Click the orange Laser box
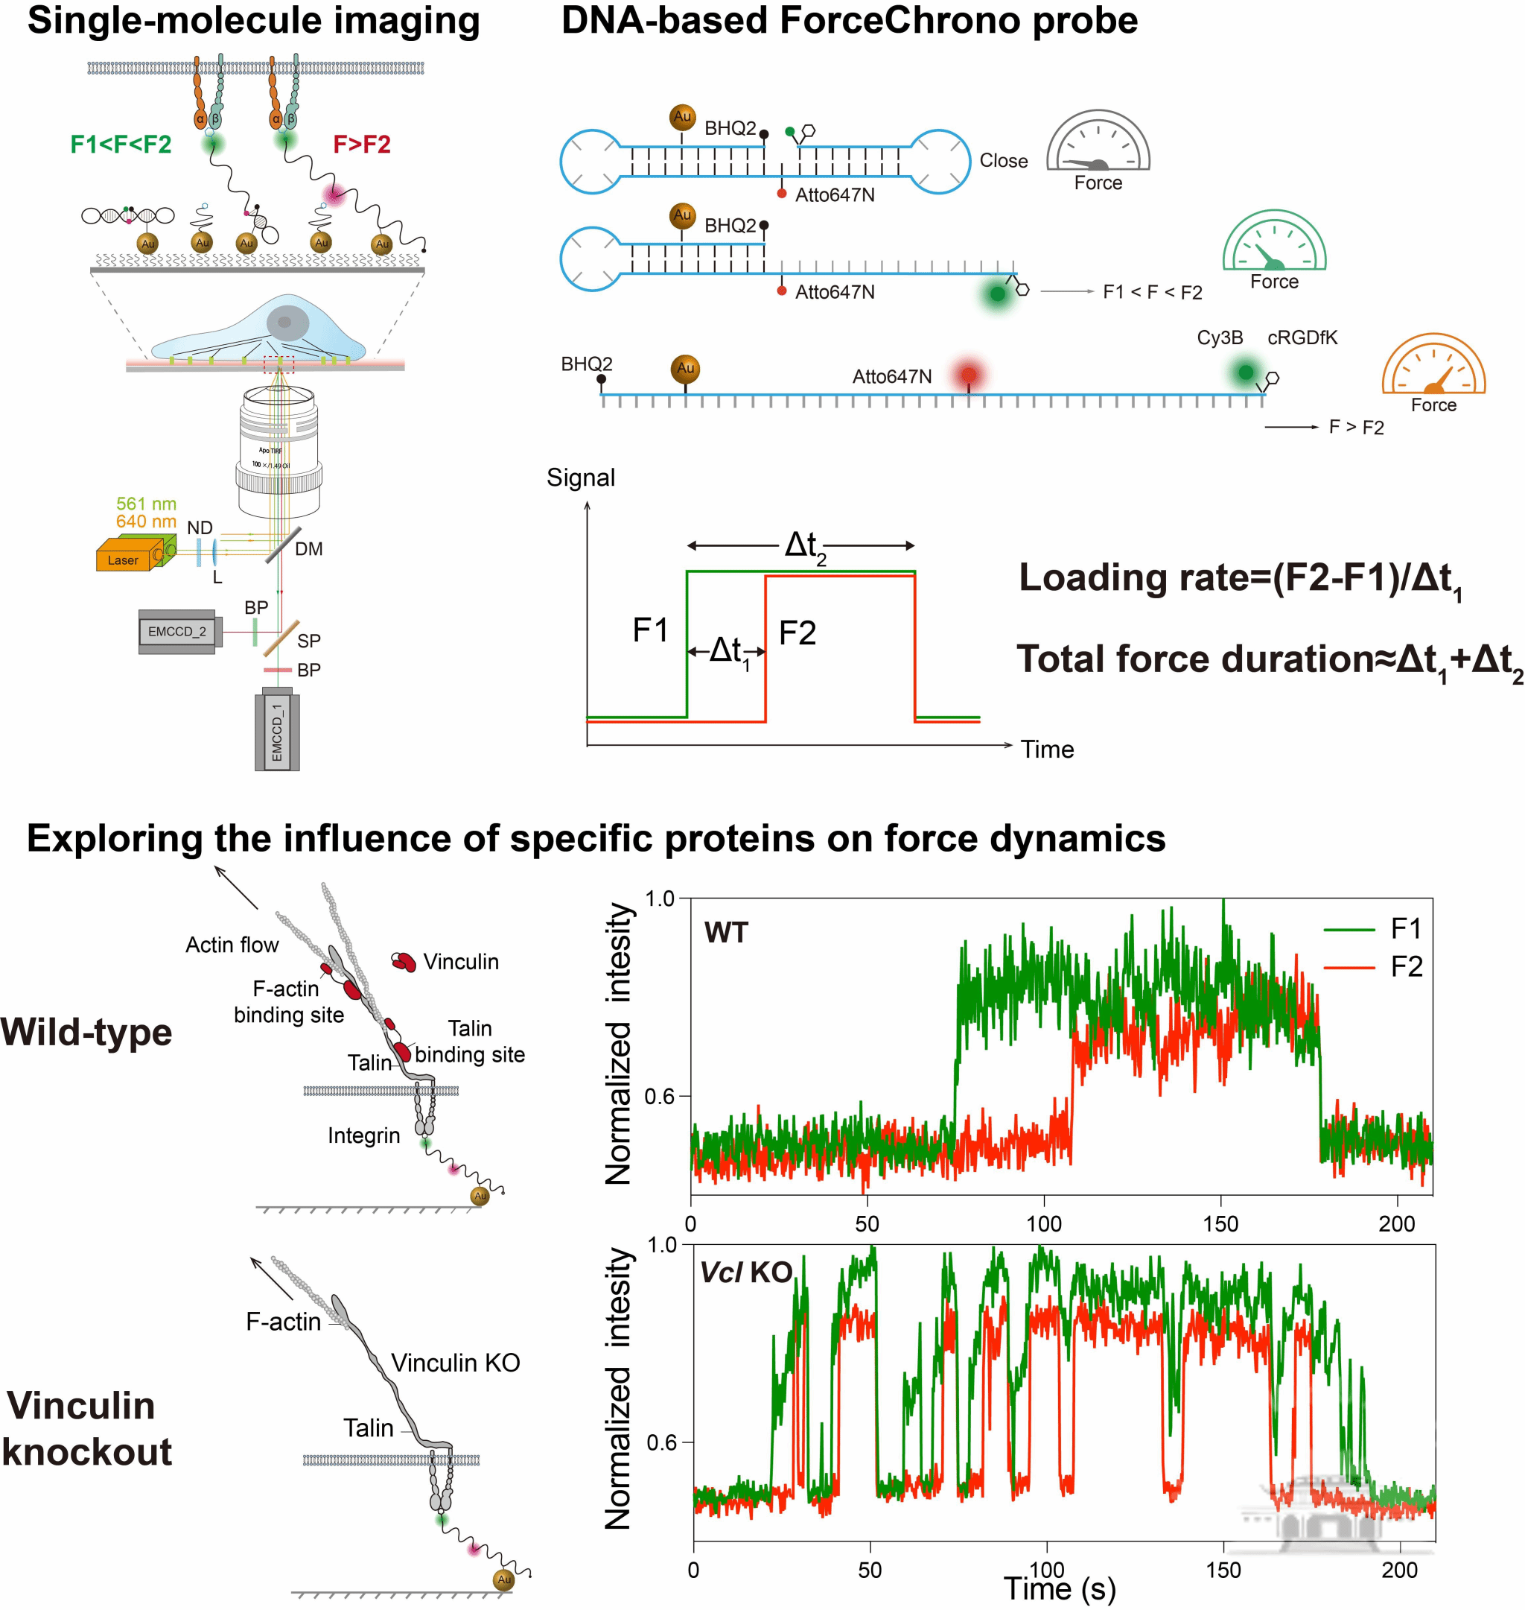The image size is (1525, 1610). click(124, 560)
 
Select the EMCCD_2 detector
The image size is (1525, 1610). click(176, 632)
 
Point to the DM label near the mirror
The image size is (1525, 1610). click(309, 549)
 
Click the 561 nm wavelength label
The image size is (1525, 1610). click(147, 504)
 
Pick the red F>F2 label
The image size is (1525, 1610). click(362, 145)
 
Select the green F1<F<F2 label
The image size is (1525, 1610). click(121, 145)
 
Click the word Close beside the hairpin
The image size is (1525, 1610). click(1003, 161)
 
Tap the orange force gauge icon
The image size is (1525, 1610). click(1433, 366)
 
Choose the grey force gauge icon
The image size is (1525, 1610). click(1098, 143)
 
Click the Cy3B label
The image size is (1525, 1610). click(1220, 337)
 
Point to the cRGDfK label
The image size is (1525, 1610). click(1302, 337)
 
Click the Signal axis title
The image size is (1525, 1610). click(580, 478)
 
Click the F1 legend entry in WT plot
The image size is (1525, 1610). click(1406, 928)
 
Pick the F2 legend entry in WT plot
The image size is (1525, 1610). click(1406, 967)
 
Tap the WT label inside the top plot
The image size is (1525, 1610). click(726, 933)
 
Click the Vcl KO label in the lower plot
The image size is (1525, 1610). click(746, 1272)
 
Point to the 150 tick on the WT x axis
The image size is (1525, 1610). click(1220, 1224)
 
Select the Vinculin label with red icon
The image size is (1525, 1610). click(460, 962)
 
